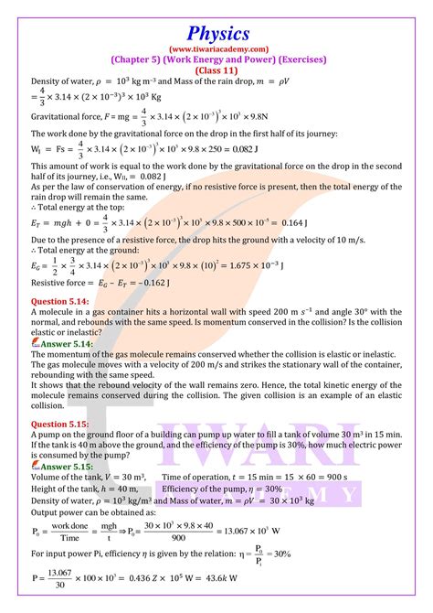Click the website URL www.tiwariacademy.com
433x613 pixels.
(216, 48)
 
